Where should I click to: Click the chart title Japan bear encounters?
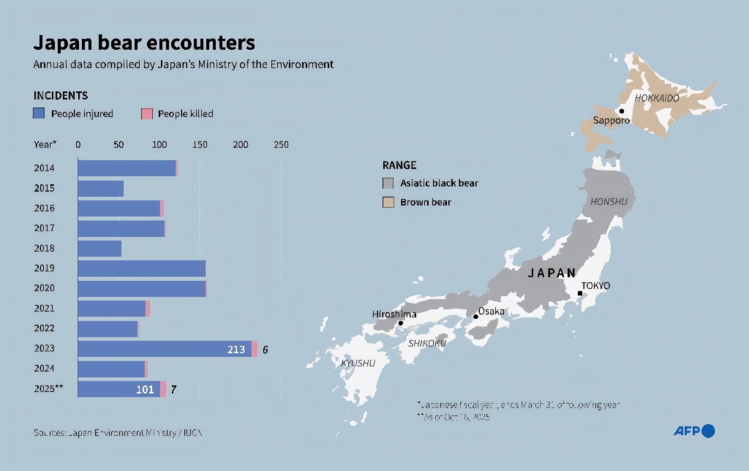144,43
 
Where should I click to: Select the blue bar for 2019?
142,269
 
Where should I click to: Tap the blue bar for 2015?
101,188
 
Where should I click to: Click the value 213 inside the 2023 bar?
236,350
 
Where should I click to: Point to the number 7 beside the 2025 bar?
173,390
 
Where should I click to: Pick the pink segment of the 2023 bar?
255,349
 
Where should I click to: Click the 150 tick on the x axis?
200,145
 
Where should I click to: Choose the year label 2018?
44,248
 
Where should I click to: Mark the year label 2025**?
48,389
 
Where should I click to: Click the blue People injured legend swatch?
39,114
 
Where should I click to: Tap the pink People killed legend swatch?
147,114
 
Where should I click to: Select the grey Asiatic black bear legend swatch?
388,183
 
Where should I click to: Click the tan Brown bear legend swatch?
388,202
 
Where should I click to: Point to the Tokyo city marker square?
580,293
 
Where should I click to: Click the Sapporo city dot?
621,111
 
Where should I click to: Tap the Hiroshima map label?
394,314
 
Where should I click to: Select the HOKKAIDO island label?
657,98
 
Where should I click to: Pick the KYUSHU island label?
358,363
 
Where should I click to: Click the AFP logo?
694,431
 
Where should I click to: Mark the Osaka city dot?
476,317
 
